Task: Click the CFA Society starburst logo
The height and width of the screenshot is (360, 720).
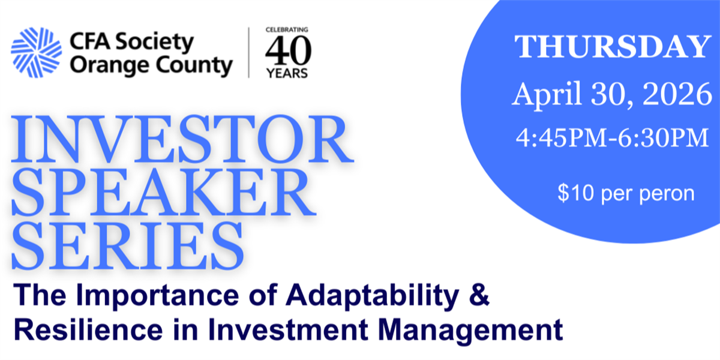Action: point(37,53)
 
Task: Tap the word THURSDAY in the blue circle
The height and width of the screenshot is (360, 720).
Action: point(613,47)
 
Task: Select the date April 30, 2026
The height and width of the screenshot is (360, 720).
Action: point(612,94)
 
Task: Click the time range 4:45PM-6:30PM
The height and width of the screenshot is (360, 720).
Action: point(613,138)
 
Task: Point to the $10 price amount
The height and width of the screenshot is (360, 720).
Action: point(575,193)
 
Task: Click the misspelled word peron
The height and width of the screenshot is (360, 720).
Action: point(667,194)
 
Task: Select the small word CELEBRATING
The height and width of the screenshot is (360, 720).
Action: point(287,29)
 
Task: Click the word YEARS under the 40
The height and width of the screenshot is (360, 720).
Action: point(287,74)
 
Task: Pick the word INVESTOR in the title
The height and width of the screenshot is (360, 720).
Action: point(182,139)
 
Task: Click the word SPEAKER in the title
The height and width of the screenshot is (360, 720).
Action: point(164,193)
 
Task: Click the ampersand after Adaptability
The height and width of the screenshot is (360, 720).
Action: point(479,294)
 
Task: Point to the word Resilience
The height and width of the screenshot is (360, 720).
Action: point(88,329)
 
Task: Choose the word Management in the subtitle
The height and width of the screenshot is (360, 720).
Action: point(470,331)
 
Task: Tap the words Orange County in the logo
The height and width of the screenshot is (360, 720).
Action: point(151,66)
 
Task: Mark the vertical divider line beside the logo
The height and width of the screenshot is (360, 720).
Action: point(249,52)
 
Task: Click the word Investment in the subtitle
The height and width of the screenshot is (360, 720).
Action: point(287,329)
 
